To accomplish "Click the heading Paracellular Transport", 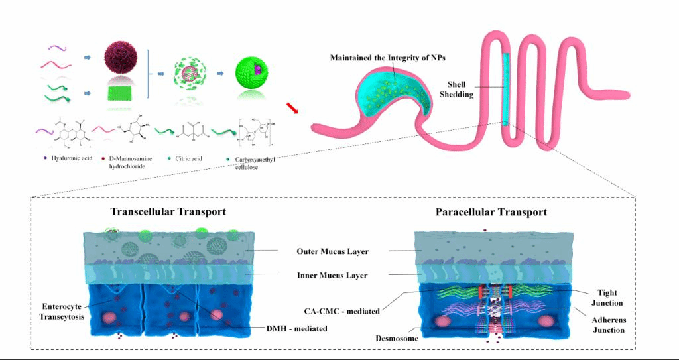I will point(491,213).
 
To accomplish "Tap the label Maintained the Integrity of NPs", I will point(388,58).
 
